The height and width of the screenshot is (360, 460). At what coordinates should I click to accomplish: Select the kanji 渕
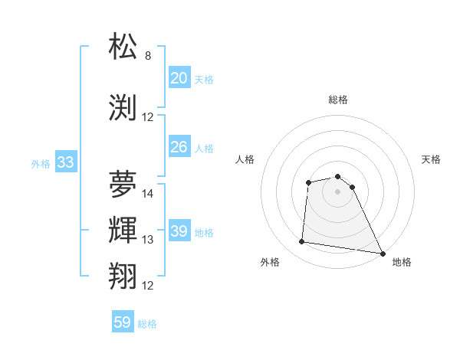(123, 107)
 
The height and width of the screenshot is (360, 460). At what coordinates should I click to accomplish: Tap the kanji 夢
(123, 184)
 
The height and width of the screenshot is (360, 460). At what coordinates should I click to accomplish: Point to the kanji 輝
(123, 230)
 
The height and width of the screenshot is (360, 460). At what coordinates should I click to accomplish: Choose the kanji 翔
(123, 276)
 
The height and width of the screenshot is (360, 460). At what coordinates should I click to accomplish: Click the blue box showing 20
(179, 77)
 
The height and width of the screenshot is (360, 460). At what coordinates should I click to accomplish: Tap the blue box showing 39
(179, 231)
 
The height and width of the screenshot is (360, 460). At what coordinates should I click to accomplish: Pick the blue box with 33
(65, 162)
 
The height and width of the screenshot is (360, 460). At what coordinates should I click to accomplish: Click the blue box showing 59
(123, 322)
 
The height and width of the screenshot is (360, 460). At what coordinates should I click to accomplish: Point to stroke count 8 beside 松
(148, 56)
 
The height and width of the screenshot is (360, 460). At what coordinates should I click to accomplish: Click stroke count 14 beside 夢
(148, 194)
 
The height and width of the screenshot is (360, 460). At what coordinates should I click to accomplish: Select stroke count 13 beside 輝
(148, 240)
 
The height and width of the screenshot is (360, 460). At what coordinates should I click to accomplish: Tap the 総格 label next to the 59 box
(147, 324)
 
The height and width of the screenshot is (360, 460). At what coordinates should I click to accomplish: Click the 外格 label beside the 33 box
(41, 163)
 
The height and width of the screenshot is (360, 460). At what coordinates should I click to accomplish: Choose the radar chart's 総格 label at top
(338, 100)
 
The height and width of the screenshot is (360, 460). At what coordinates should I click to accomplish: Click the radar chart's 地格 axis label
(402, 262)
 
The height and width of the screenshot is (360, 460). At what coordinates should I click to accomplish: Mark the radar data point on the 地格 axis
(383, 254)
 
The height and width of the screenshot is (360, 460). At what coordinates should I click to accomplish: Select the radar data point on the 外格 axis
(302, 242)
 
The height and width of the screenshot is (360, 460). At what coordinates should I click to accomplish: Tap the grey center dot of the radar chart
(338, 191)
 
